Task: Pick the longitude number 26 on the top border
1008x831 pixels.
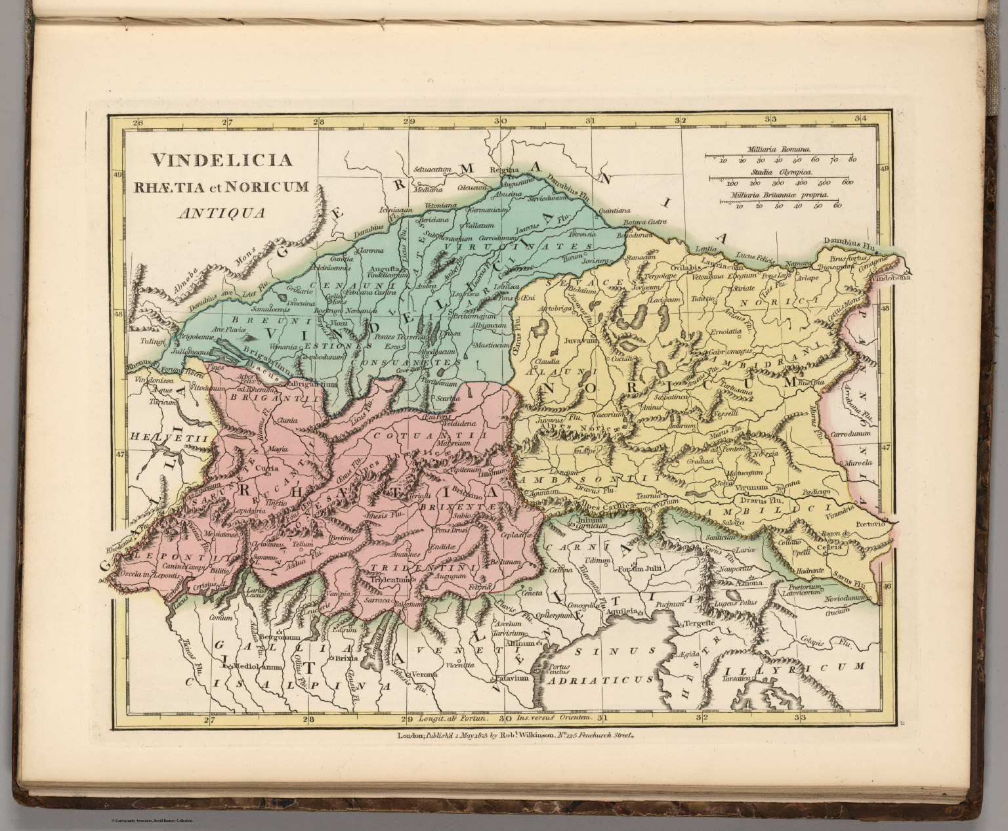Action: click(137, 122)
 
